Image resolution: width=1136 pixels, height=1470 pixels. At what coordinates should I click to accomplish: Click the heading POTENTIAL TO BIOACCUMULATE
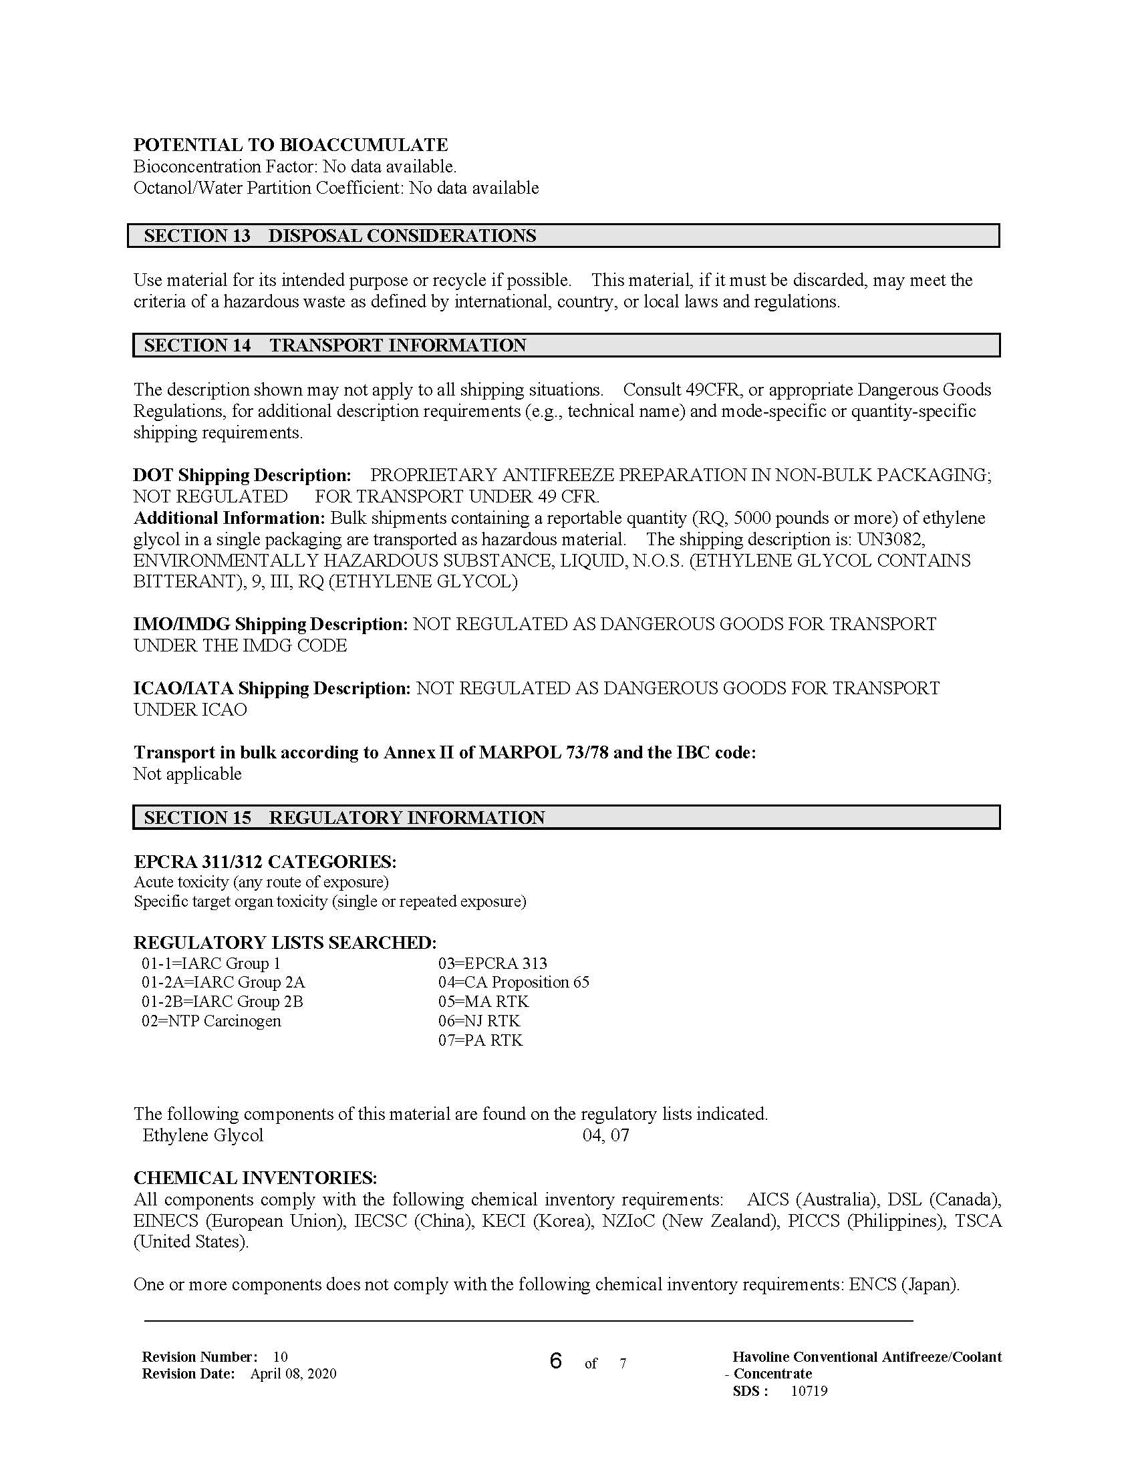pos(290,145)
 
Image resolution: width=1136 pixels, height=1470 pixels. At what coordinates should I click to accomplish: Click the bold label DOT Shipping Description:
pos(242,475)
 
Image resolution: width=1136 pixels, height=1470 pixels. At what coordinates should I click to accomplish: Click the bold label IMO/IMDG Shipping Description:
pos(270,624)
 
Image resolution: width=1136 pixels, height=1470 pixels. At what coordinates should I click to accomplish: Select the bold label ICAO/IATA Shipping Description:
pos(271,688)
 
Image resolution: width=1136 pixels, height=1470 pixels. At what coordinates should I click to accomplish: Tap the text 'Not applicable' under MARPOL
pos(187,774)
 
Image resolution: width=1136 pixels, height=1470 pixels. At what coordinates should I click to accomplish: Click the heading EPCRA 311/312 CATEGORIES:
pos(265,861)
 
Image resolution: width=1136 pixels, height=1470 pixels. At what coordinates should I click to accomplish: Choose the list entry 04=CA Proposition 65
pos(513,982)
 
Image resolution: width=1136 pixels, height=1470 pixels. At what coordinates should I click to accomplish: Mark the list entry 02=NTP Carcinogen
pos(210,1021)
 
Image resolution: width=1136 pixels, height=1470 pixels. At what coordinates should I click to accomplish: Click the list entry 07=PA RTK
pos(480,1040)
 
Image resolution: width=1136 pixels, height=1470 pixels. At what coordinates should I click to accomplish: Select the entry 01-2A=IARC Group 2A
pos(223,982)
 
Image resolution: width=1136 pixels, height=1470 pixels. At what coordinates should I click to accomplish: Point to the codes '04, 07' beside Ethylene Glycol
pos(605,1135)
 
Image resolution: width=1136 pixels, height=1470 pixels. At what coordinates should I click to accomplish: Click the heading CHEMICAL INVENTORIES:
pos(255,1178)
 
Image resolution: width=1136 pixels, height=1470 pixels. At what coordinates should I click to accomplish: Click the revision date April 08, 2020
pos(293,1374)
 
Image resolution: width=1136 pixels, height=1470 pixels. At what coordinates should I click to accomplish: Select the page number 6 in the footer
pos(555,1361)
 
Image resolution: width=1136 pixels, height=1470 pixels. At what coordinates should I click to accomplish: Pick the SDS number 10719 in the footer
pos(809,1391)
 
